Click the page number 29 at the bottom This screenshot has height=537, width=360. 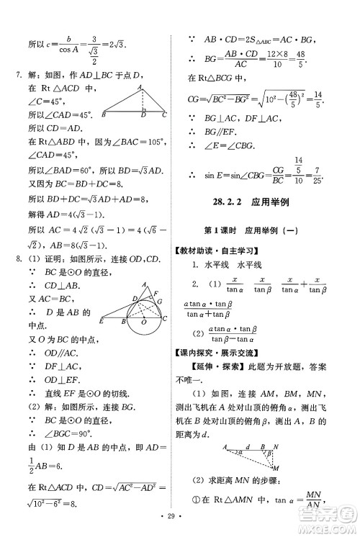[179, 518]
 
